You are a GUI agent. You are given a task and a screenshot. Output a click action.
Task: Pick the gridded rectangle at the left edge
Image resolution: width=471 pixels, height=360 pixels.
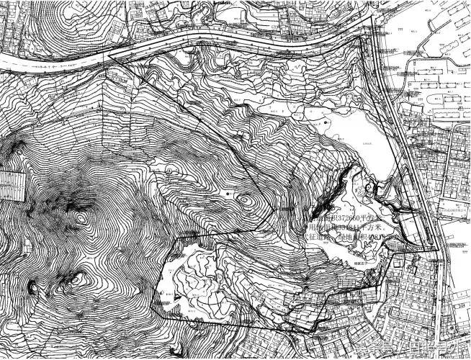[10, 185]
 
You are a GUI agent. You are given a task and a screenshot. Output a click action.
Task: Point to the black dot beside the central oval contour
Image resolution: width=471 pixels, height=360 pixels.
[228, 194]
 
